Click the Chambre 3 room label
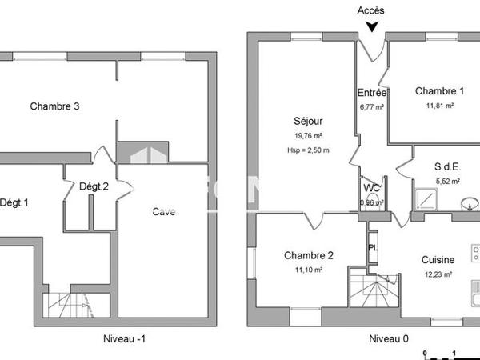(54, 106)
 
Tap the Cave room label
(165, 212)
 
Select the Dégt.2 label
(94, 186)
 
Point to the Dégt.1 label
(14, 202)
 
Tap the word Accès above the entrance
(370, 10)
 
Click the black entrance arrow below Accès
(371, 26)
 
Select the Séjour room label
(308, 122)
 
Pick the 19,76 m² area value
(308, 136)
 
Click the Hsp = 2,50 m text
(308, 150)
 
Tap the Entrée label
(372, 93)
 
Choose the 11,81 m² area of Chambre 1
(439, 105)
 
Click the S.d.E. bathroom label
(446, 167)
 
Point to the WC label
(372, 188)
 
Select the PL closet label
(372, 247)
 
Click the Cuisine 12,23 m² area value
(438, 274)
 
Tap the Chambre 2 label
(308, 256)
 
